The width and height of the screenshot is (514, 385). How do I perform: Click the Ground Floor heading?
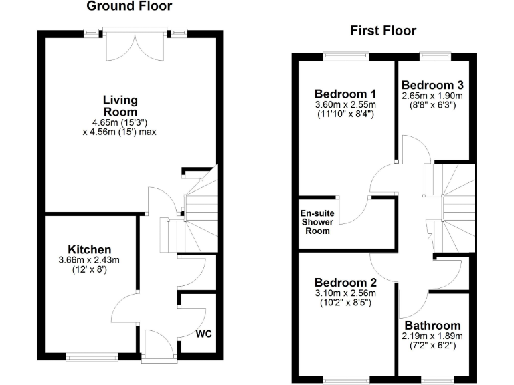(130, 7)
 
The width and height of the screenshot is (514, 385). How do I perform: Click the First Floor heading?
(383, 31)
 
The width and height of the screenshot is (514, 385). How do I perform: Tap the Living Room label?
(120, 106)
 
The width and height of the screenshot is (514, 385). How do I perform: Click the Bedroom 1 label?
(345, 94)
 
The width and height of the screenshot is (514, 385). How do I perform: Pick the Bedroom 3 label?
(432, 86)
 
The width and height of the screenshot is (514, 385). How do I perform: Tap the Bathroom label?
(428, 326)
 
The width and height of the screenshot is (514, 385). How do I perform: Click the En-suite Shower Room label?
(317, 223)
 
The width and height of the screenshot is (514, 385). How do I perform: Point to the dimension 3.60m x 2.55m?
(345, 104)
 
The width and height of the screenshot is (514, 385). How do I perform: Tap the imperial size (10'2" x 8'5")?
(345, 303)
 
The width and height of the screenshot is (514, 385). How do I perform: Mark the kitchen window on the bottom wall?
(92, 356)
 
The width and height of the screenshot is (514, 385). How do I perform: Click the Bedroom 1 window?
(345, 53)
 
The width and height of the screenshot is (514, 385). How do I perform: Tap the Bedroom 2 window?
(345, 380)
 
